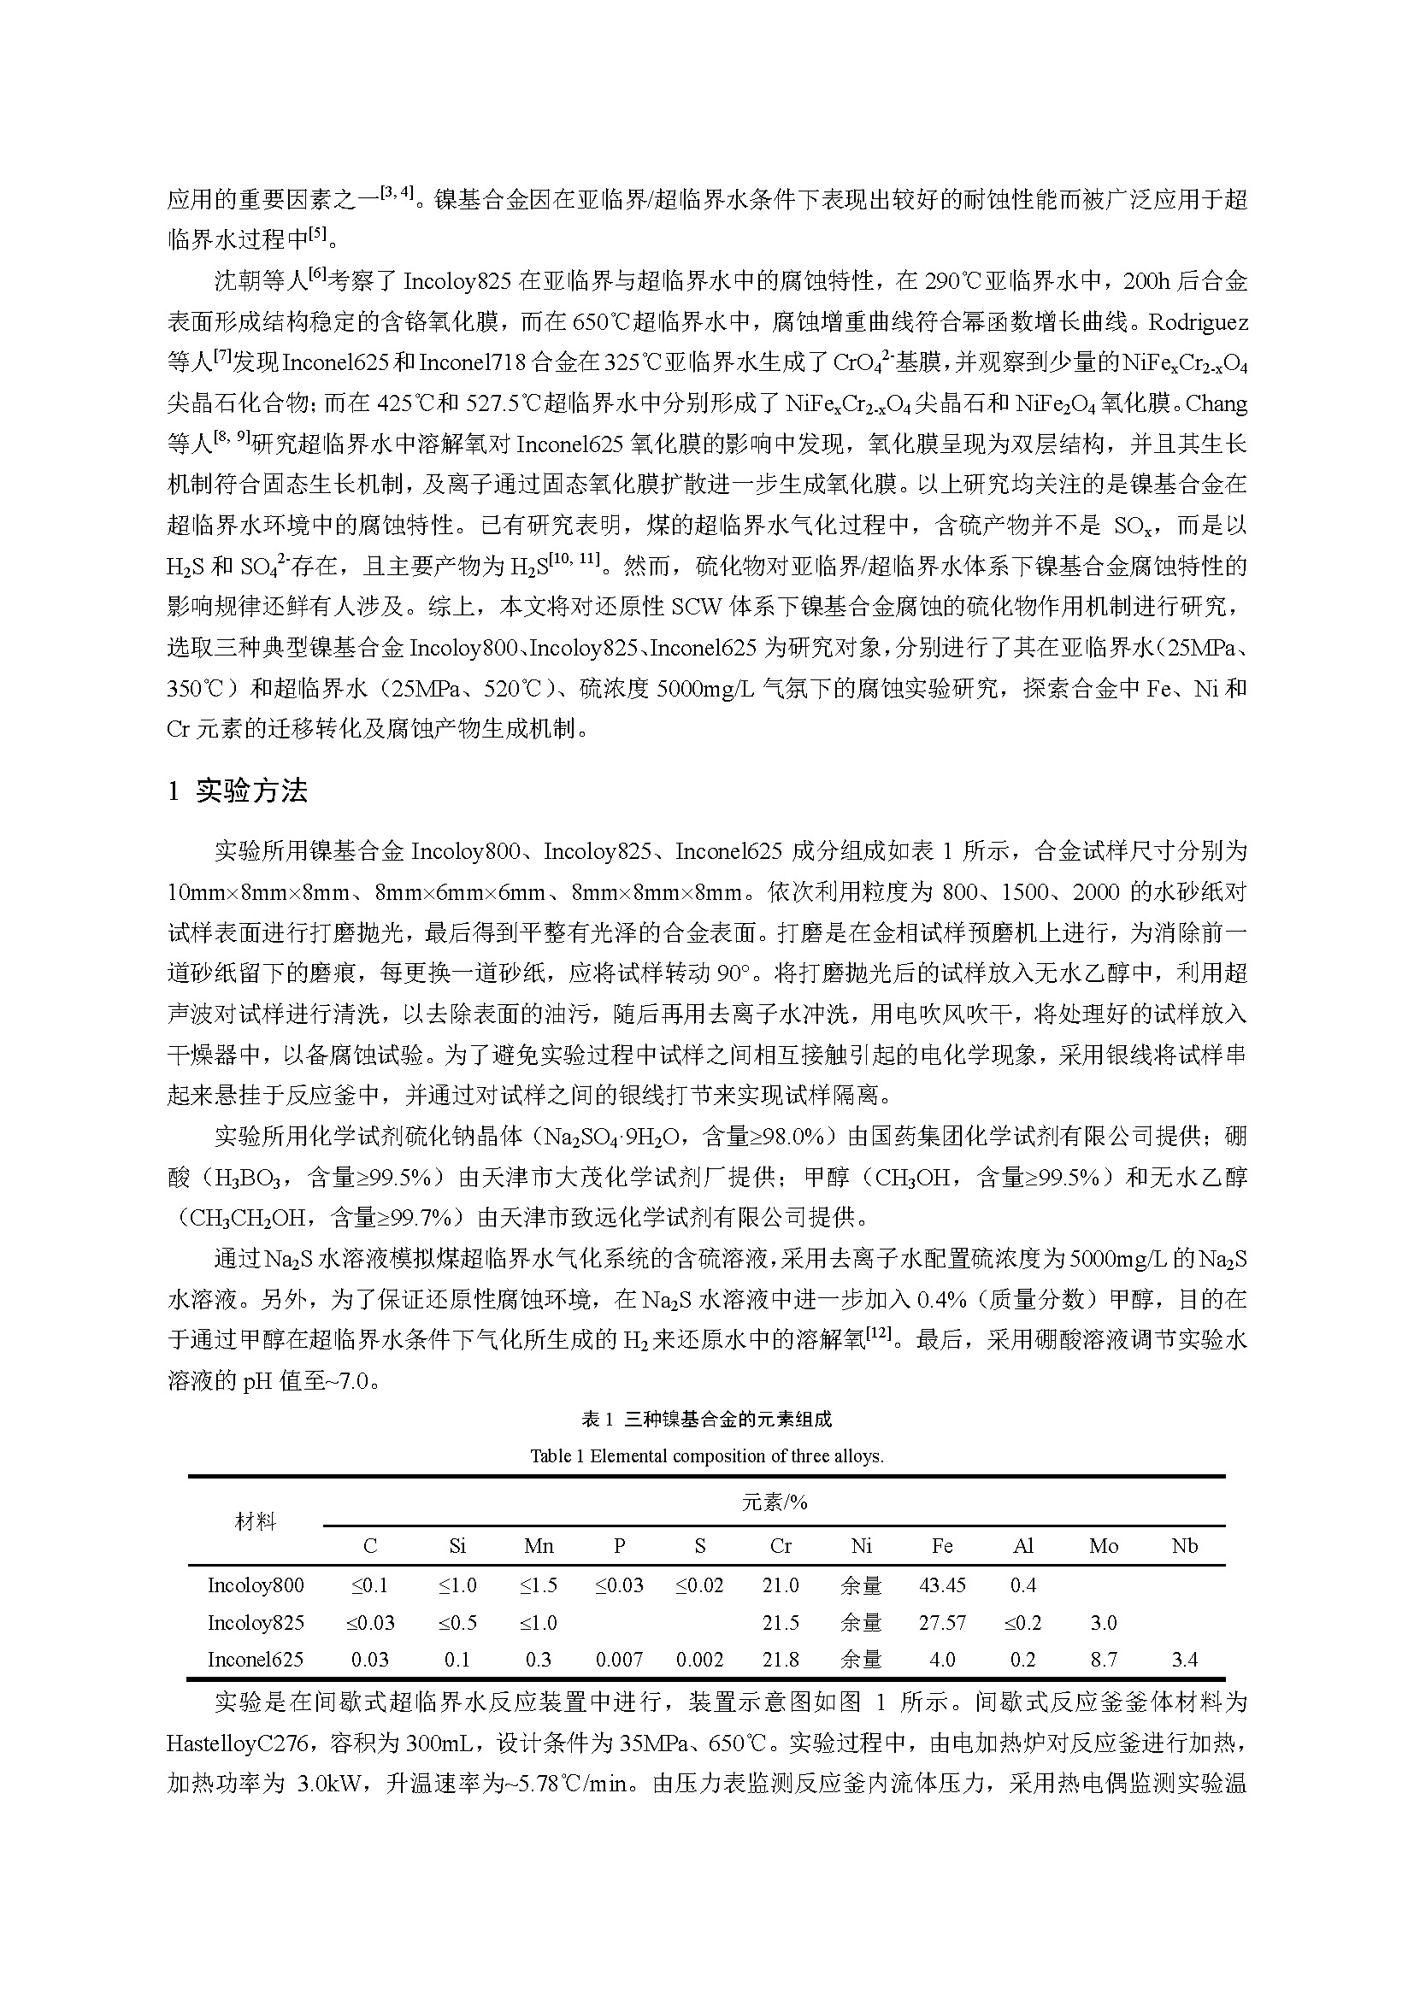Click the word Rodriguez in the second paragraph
click(1198, 322)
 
